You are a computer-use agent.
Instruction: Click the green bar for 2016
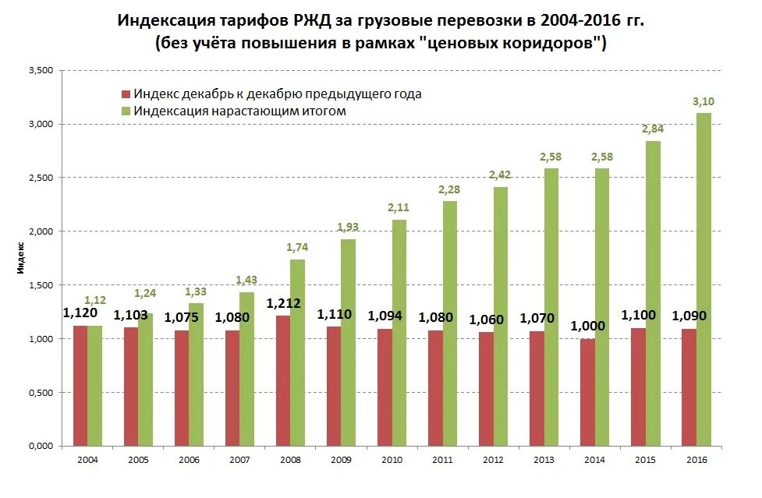point(704,281)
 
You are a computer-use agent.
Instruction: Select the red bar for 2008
point(283,382)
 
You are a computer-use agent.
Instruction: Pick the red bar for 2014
point(587,393)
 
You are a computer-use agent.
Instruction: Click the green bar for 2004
point(95,387)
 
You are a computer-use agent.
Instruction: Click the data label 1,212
point(284,304)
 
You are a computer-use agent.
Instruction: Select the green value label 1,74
point(298,248)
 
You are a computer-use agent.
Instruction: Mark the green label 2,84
point(653,129)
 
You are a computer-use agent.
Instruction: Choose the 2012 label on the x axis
point(493,461)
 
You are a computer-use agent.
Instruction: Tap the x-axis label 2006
point(189,461)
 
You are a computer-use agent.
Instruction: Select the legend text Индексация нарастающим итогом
point(239,111)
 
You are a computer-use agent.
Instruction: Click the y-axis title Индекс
point(22,257)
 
